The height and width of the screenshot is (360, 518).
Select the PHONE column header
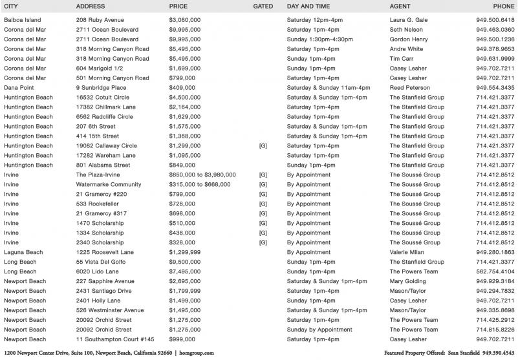504,6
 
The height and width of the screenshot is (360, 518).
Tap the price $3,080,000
185,20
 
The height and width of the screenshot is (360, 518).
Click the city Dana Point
20,88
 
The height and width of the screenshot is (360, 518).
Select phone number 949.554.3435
495,88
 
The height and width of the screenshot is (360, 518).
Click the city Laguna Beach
23,252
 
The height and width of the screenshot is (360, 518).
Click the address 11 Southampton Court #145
115,339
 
